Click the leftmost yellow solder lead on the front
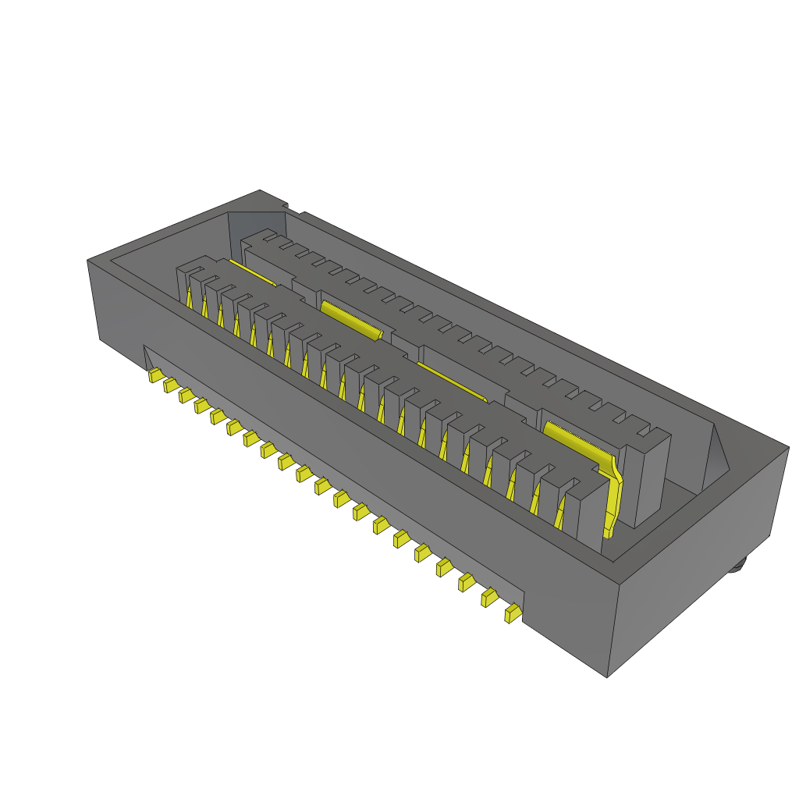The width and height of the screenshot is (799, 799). pyautogui.click(x=155, y=376)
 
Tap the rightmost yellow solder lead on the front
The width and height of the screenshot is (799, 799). pyautogui.click(x=513, y=614)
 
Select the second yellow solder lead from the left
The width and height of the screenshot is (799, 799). pyautogui.click(x=170, y=385)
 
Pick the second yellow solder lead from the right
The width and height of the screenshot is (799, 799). pyautogui.click(x=489, y=598)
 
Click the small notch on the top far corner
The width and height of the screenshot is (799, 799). pyautogui.click(x=294, y=209)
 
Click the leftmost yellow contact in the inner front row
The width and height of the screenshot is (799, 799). pyautogui.click(x=189, y=297)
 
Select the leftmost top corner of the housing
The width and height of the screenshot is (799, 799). pyautogui.click(x=87, y=261)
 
